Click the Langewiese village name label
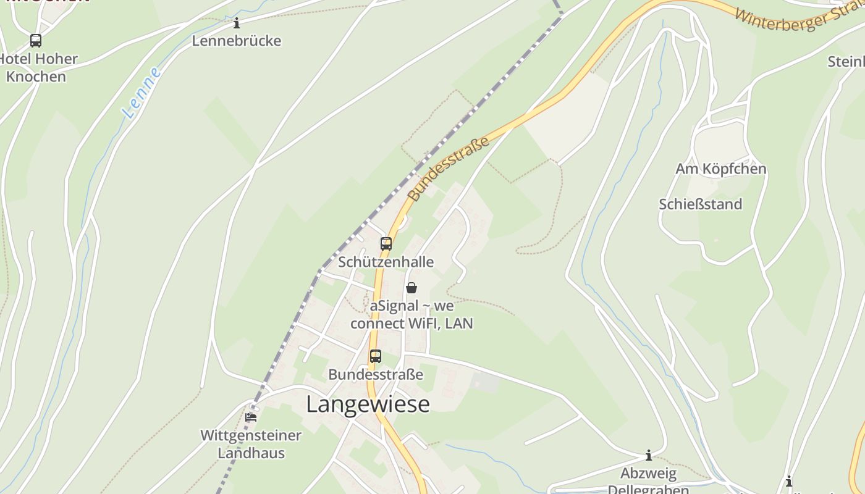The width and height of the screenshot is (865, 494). pos(368,404)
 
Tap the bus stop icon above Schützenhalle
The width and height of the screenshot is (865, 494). pos(386,244)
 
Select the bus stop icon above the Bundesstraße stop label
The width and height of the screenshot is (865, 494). pos(376,356)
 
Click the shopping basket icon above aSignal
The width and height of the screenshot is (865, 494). pos(411,288)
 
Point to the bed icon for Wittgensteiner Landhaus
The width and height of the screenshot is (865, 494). pos(251,417)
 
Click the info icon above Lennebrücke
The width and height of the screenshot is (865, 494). pos(237,23)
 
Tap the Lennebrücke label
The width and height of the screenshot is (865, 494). pos(237,41)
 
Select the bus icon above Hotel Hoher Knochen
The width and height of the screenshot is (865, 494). pos(36,41)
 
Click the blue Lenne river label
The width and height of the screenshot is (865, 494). pos(141,93)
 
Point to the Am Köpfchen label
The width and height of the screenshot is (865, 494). pos(720,169)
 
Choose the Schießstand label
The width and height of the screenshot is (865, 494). pos(700,204)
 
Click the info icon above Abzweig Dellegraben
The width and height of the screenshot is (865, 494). pos(649,456)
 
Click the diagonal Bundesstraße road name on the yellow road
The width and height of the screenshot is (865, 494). pos(449,169)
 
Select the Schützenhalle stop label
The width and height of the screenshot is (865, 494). pos(386,262)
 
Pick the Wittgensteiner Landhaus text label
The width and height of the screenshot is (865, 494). pos(251,444)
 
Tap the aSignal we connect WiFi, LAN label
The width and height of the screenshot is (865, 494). pos(411,314)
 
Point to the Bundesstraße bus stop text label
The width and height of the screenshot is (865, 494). pos(376,374)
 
